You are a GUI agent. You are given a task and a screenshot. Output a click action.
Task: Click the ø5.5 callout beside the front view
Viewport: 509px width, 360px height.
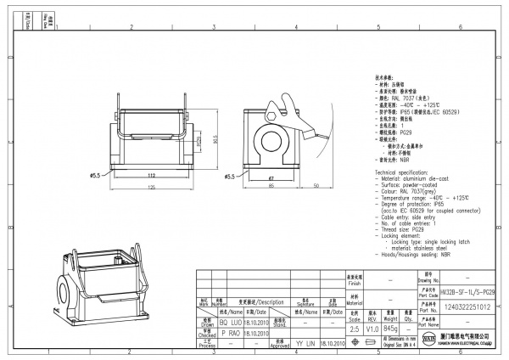pyautogui.click(x=95, y=176)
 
